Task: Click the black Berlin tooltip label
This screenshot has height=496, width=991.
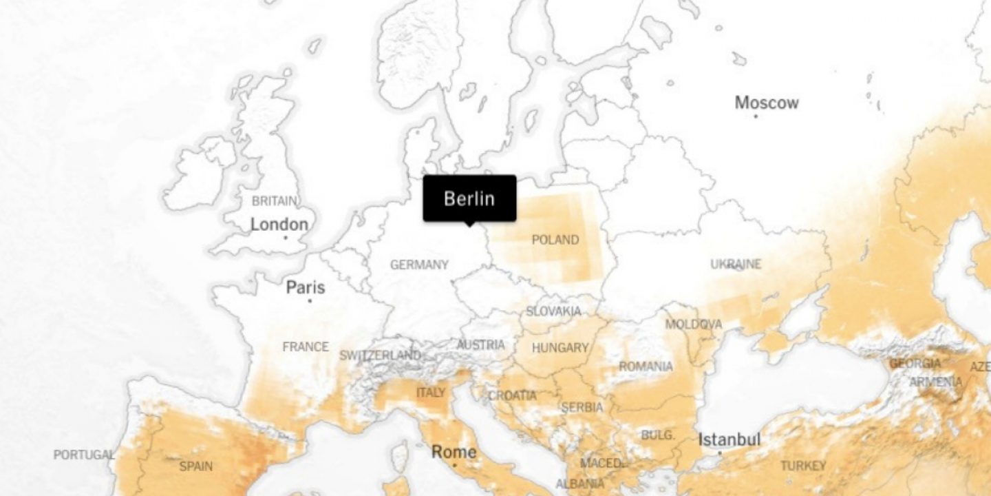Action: (x=469, y=198)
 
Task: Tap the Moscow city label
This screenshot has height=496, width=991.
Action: (x=767, y=103)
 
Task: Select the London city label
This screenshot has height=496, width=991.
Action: (x=279, y=224)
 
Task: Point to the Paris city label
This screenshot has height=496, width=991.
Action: (x=306, y=287)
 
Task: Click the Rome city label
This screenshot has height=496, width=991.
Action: (x=454, y=452)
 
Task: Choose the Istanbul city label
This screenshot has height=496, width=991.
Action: (x=729, y=439)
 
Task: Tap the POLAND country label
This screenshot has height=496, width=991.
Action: (x=555, y=240)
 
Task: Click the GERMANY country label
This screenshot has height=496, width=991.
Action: (x=419, y=265)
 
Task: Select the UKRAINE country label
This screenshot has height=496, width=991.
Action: (x=736, y=264)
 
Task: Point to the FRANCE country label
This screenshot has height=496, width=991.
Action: (x=306, y=347)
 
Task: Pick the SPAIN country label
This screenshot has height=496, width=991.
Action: (x=196, y=466)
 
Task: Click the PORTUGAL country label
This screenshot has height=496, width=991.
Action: (x=84, y=455)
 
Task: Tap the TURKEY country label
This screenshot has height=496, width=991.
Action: (x=802, y=466)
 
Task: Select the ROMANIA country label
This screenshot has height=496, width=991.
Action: (x=646, y=366)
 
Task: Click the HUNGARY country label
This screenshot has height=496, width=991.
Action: (x=560, y=348)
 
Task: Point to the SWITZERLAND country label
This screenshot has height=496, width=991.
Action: (x=380, y=355)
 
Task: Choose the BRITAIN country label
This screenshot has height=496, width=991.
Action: (x=275, y=201)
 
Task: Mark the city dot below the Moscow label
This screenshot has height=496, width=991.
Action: (x=756, y=116)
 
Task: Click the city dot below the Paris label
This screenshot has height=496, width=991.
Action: (x=310, y=300)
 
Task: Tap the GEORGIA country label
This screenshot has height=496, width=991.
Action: (x=915, y=363)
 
